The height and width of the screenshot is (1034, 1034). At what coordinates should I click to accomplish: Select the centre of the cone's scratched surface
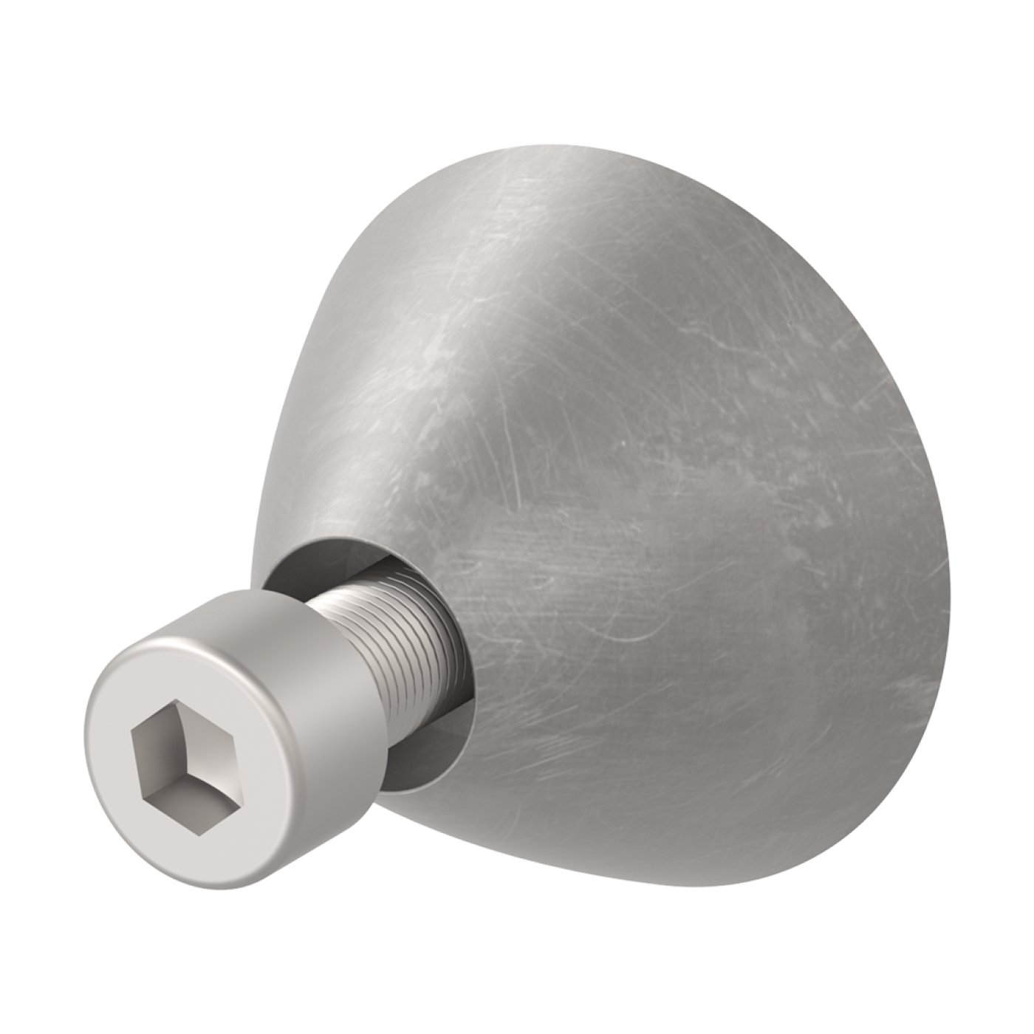click(650, 517)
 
